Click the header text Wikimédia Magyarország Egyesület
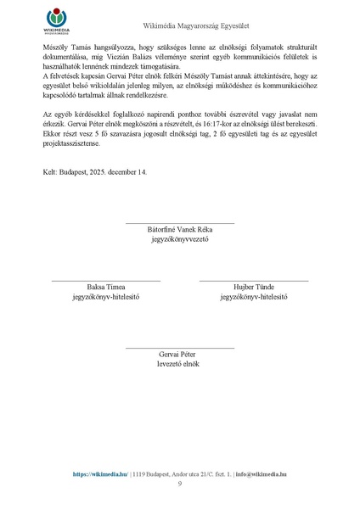click(179, 28)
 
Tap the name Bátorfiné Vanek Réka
click(179, 229)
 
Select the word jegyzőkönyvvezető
click(179, 239)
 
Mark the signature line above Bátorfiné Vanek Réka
click(179, 222)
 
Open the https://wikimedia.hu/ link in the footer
click(100, 474)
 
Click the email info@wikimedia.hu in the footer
click(261, 474)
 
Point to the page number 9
click(180, 484)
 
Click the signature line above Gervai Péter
click(179, 347)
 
